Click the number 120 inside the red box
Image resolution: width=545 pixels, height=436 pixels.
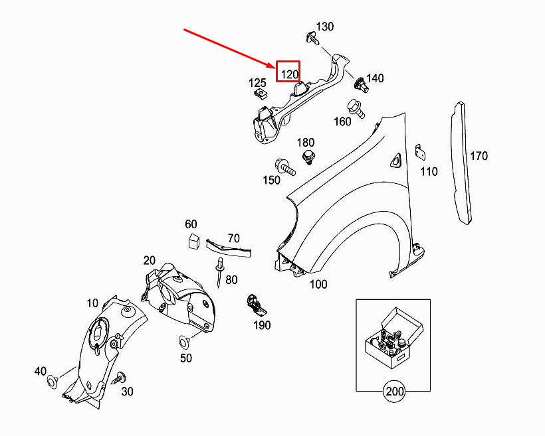pyautogui.click(x=289, y=73)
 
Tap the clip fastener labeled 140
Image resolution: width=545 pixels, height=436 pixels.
pyautogui.click(x=360, y=84)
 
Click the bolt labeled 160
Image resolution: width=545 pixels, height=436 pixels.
pyautogui.click(x=354, y=108)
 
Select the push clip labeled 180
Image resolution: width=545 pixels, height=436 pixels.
pyautogui.click(x=308, y=157)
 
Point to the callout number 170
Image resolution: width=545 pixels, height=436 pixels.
pyautogui.click(x=479, y=156)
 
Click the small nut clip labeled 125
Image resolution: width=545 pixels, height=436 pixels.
pyautogui.click(x=261, y=97)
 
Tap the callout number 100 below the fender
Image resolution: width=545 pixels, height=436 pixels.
pyautogui.click(x=318, y=284)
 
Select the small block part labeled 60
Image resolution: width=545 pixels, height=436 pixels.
pyautogui.click(x=192, y=240)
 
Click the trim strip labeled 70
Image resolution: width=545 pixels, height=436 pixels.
pyautogui.click(x=229, y=248)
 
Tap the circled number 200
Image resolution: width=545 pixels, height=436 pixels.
pyautogui.click(x=394, y=392)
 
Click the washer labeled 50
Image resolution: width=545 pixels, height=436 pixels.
pyautogui.click(x=183, y=342)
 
